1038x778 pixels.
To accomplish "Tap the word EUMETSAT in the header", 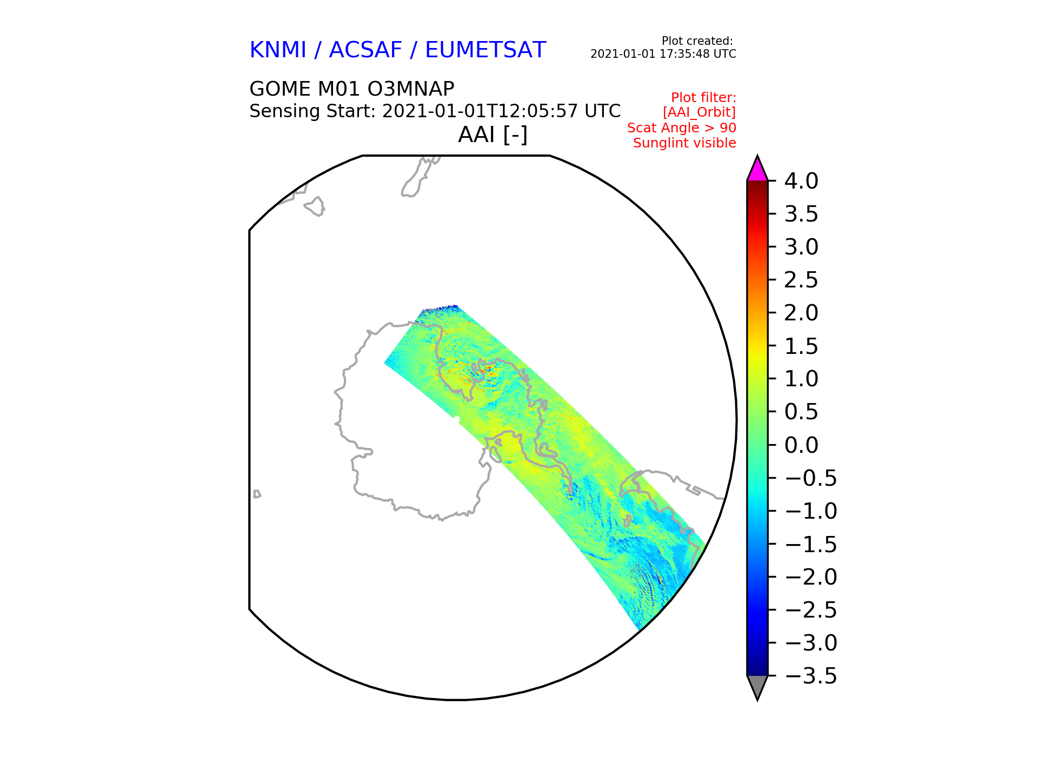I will [485, 50].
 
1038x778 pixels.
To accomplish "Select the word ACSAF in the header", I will [365, 50].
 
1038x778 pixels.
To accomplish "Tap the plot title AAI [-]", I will [493, 135].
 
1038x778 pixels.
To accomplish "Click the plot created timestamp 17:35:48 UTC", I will [702, 54].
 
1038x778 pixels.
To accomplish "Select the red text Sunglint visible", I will [684, 143].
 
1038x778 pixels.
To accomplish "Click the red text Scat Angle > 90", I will [681, 128].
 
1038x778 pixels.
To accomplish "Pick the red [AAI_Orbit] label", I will [699, 112].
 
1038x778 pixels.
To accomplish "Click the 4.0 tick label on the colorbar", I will [801, 181].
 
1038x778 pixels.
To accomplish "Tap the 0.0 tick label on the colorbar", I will [801, 445].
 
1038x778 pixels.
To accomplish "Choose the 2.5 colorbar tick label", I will [801, 280].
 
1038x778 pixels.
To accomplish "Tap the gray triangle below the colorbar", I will [757, 686].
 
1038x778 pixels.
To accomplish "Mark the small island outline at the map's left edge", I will [257, 494].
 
